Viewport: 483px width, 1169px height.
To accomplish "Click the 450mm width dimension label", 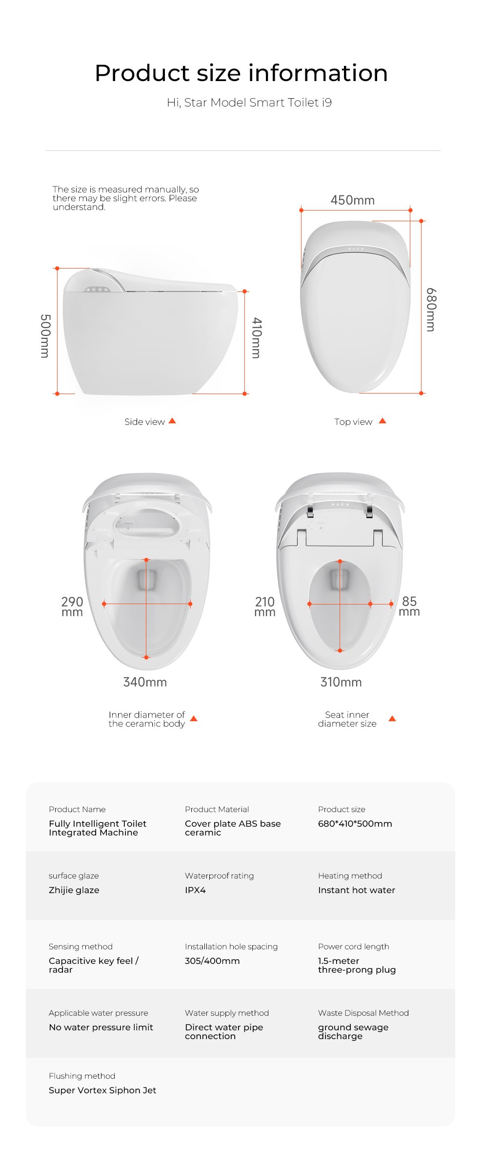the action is point(352,200).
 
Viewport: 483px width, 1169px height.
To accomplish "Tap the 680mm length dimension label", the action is point(431,310).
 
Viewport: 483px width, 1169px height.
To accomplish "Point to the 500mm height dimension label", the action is point(45,336).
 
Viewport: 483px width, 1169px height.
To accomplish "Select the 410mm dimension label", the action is point(257,338).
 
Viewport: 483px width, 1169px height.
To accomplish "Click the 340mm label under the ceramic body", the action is point(145,682).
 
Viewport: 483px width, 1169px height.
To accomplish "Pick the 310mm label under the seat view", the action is point(341,682).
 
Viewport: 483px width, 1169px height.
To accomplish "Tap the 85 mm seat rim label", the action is point(409,606).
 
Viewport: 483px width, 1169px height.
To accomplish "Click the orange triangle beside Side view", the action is point(172,421).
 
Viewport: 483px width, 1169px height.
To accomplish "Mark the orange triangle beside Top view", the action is point(382,421).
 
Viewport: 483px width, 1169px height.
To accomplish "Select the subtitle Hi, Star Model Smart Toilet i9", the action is point(249,103).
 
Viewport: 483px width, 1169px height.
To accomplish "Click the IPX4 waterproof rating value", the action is point(195,890).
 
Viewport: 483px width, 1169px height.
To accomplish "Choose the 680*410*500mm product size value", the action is point(355,824).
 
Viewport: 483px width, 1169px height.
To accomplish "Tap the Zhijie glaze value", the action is point(74,890).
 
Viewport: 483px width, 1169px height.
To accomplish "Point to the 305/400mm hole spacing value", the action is point(212,961).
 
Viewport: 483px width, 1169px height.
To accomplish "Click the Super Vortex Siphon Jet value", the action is point(102,1090).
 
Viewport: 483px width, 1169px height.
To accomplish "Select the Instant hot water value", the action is point(357,890).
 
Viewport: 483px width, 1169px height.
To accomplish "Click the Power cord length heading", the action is point(354,947).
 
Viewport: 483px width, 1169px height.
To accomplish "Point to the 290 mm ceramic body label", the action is point(72,606).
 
